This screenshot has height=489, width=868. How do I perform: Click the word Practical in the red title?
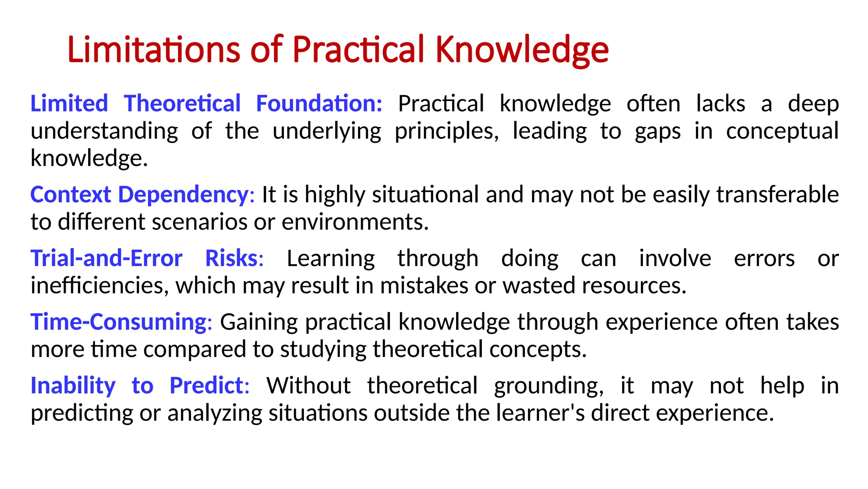tap(358, 50)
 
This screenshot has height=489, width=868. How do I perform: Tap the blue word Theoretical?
tap(182, 104)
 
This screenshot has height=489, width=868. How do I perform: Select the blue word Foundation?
tap(319, 104)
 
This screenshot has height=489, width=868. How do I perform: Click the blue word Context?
tap(71, 195)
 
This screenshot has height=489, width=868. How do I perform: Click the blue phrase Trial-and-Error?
tap(106, 259)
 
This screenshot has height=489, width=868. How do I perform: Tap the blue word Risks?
tap(234, 259)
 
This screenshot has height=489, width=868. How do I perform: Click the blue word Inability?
tap(73, 386)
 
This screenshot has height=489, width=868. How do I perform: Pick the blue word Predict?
tap(209, 386)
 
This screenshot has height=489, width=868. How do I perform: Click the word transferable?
tap(777, 195)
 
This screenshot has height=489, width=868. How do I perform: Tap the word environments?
tap(355, 222)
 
